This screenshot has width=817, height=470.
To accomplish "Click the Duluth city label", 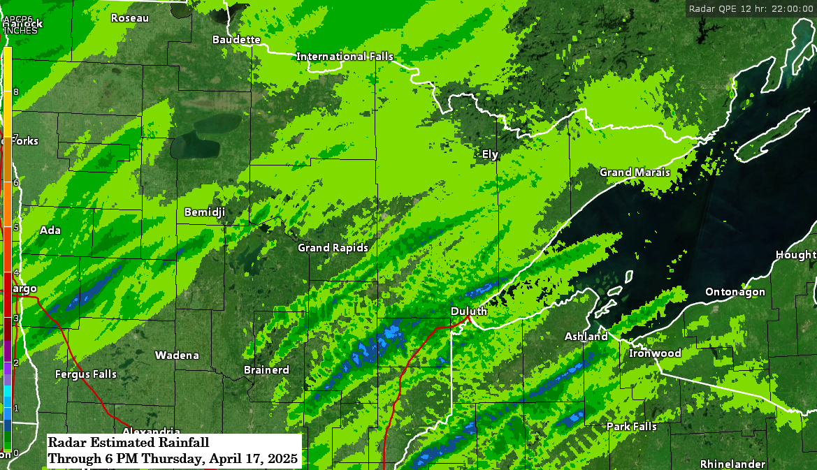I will tap(468, 311).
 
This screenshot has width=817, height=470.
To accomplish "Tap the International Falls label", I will tap(345, 57).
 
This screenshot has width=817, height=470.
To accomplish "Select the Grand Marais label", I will tap(635, 172).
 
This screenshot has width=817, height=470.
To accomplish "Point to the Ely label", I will tap(490, 154).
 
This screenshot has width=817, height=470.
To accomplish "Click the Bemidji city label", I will tap(204, 212).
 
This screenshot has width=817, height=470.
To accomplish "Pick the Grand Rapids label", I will tap(333, 248).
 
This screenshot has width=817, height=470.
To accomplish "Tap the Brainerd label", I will tap(266, 369).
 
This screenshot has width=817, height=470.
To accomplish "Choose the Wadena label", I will tap(177, 355).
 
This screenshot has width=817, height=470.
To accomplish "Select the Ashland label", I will tap(586, 337).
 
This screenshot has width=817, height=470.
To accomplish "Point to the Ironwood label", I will tap(655, 353).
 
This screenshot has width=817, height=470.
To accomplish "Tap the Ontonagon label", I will tap(735, 292).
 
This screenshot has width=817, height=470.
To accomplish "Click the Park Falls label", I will tap(631, 426).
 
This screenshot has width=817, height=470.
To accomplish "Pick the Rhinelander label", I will tap(732, 464).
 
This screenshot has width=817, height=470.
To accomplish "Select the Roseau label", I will tap(130, 18).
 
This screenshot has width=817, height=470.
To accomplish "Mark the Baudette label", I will tap(236, 40).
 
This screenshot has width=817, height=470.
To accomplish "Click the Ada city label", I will tap(50, 230).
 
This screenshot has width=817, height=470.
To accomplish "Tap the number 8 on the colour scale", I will tap(15, 92).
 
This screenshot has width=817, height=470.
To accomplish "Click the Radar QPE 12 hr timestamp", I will tap(749, 8).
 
